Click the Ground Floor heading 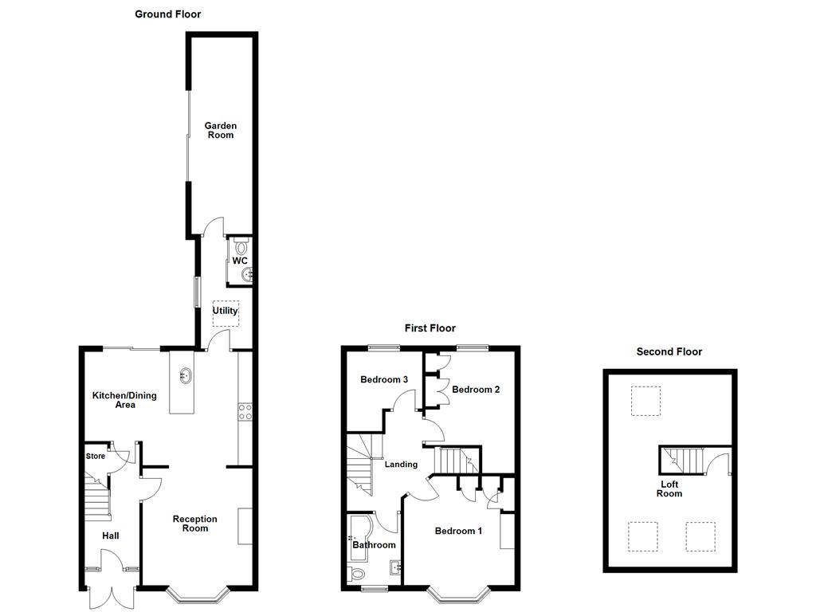tap(167, 14)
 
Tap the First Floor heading tap(430, 328)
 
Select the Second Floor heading tap(669, 351)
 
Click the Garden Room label tap(221, 130)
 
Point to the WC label tap(240, 261)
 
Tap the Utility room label tap(225, 311)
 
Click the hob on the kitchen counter tap(245, 411)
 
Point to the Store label tap(96, 457)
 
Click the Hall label tap(110, 535)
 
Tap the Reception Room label tap(195, 524)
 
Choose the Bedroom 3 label tap(384, 380)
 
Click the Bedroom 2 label tap(476, 390)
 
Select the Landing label tap(401, 464)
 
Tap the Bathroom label tap(375, 545)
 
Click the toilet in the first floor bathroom tap(358, 573)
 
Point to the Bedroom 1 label tap(458, 531)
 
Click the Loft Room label tap(669, 488)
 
